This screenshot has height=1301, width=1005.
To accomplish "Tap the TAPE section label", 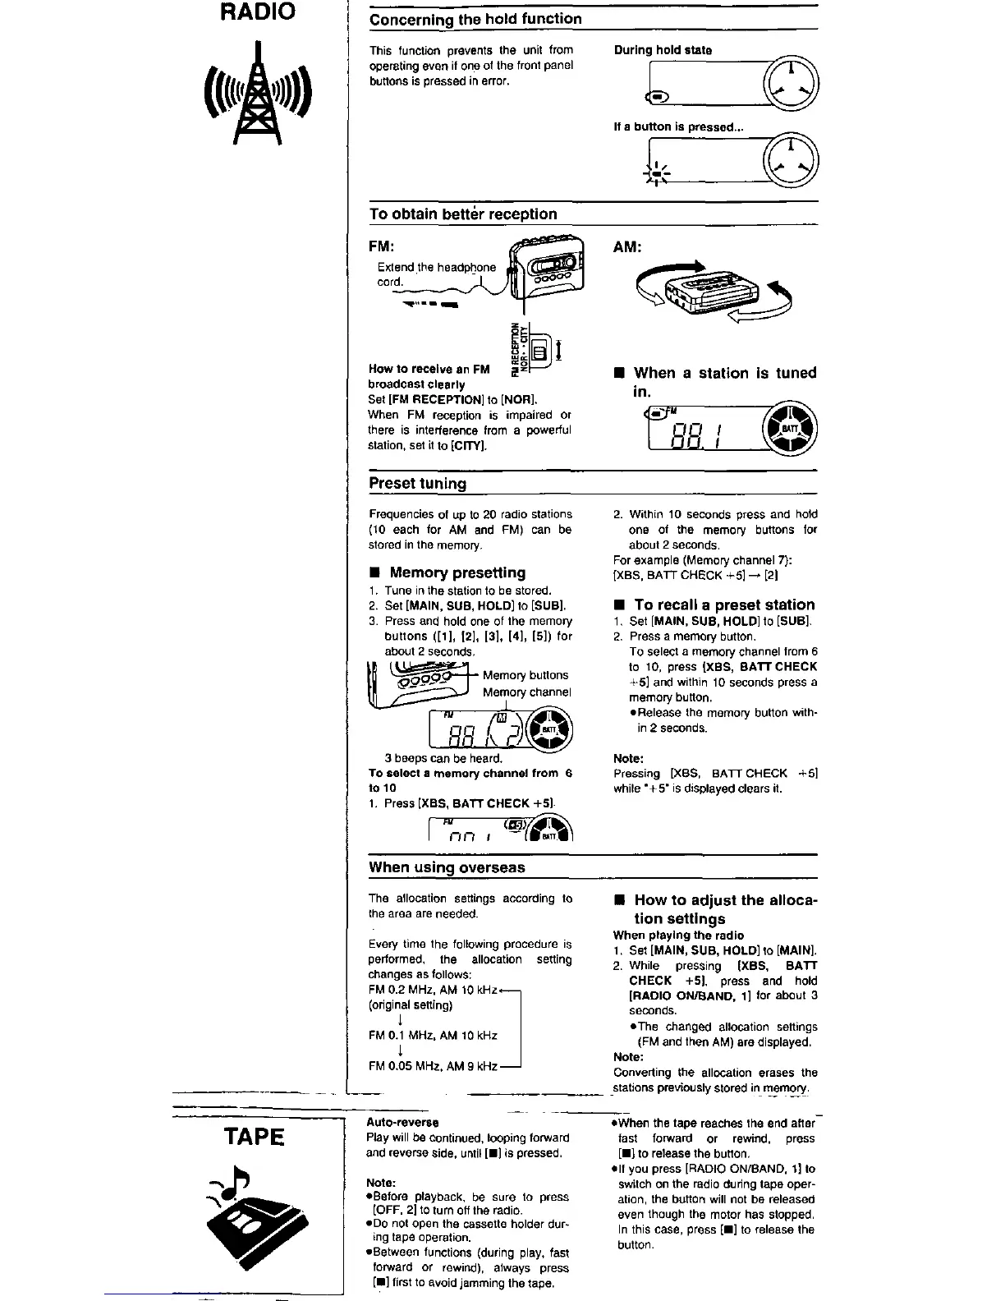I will (x=255, y=1137).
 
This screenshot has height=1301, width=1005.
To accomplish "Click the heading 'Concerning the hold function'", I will (x=475, y=19).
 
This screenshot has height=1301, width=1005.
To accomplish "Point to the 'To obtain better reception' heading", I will (x=463, y=214).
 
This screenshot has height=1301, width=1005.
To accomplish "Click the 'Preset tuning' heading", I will (x=417, y=483).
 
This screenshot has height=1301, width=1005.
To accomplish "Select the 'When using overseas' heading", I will (x=447, y=867).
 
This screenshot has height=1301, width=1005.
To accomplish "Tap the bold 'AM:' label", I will (x=627, y=246).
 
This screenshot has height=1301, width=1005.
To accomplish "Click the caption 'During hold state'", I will (x=663, y=50).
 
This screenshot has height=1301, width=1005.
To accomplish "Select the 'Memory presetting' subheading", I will (x=457, y=572).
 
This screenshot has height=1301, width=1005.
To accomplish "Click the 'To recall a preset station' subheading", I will (x=724, y=605).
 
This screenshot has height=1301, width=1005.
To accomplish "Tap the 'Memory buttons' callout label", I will (x=525, y=675).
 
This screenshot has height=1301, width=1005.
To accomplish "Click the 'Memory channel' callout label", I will (x=526, y=692).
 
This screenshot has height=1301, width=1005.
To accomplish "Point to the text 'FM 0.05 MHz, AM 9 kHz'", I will (x=433, y=1066).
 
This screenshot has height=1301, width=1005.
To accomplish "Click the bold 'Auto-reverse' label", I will (x=402, y=1122).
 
